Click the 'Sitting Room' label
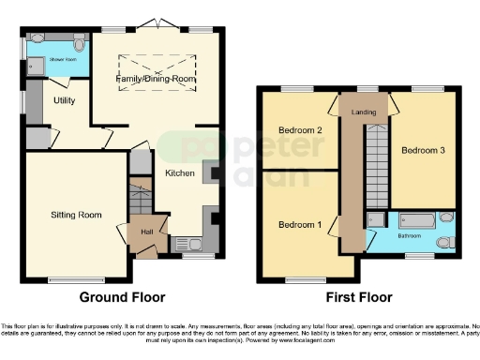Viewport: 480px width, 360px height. pyautogui.click(x=76, y=215)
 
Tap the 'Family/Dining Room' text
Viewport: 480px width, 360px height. pyautogui.click(x=157, y=80)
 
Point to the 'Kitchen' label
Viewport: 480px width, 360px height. pyautogui.click(x=180, y=173)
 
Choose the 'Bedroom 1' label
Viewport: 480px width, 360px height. pyautogui.click(x=300, y=225)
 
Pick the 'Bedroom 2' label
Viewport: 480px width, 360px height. pyautogui.click(x=300, y=130)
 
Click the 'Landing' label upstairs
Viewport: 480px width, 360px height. pyautogui.click(x=365, y=112)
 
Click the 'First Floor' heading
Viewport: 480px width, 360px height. pyautogui.click(x=357, y=298)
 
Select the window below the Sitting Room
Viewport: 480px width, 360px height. pyautogui.click(x=76, y=279)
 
